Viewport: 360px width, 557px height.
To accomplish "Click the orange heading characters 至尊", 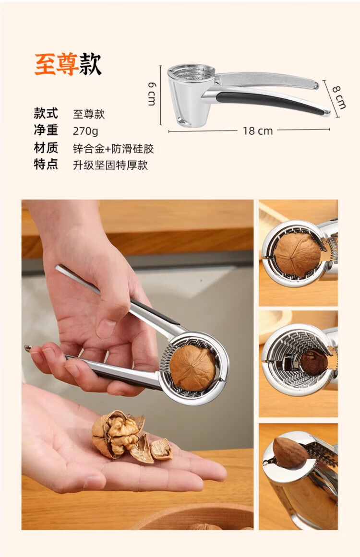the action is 56,64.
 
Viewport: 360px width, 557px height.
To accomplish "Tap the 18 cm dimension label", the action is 258,130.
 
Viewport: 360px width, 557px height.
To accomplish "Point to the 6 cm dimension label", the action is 152,94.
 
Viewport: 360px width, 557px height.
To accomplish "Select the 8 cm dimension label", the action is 339,97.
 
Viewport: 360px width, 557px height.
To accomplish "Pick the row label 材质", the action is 46,147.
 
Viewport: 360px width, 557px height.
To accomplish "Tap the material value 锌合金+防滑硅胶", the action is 113,148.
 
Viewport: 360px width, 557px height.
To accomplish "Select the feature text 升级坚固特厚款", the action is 110,165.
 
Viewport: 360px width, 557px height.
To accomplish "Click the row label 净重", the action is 46,130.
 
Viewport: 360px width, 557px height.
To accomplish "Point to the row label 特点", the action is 46,165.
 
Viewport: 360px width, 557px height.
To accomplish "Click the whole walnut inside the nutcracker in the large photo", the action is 192,367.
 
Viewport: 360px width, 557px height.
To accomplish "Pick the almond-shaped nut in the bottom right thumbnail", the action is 291,452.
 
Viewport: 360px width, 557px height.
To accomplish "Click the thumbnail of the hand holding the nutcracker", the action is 138,365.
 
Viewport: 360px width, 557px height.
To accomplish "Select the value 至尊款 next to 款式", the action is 89,114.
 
